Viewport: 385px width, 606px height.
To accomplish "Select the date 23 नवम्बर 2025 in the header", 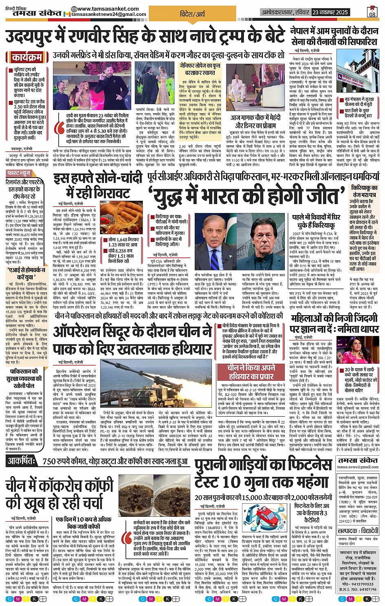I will [x=330, y=12].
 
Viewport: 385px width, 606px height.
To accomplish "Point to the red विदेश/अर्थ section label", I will [x=193, y=13].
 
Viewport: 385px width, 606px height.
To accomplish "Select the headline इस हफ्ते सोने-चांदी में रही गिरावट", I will [x=97, y=185].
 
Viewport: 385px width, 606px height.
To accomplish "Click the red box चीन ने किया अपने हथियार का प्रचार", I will [x=251, y=371].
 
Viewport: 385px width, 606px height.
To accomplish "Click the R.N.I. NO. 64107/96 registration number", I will [x=359, y=589].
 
